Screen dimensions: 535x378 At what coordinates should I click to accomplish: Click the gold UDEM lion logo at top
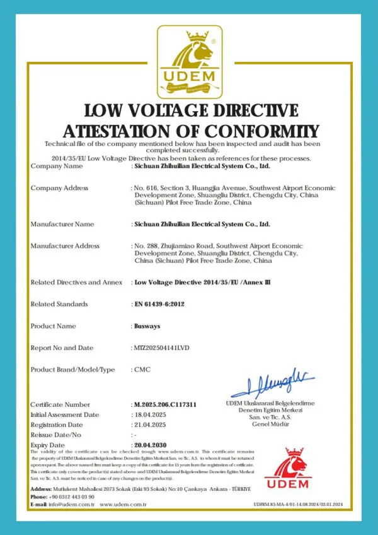click(190, 61)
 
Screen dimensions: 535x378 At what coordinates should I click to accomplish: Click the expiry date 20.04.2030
click(149, 445)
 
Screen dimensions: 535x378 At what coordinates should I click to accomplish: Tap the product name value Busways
click(146, 326)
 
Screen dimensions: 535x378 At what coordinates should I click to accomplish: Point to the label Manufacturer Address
click(65, 246)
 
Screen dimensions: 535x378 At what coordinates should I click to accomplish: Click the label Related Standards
click(59, 304)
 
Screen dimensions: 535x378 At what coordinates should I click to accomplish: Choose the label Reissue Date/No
click(56, 435)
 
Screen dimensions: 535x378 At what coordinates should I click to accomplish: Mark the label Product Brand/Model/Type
click(72, 369)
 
